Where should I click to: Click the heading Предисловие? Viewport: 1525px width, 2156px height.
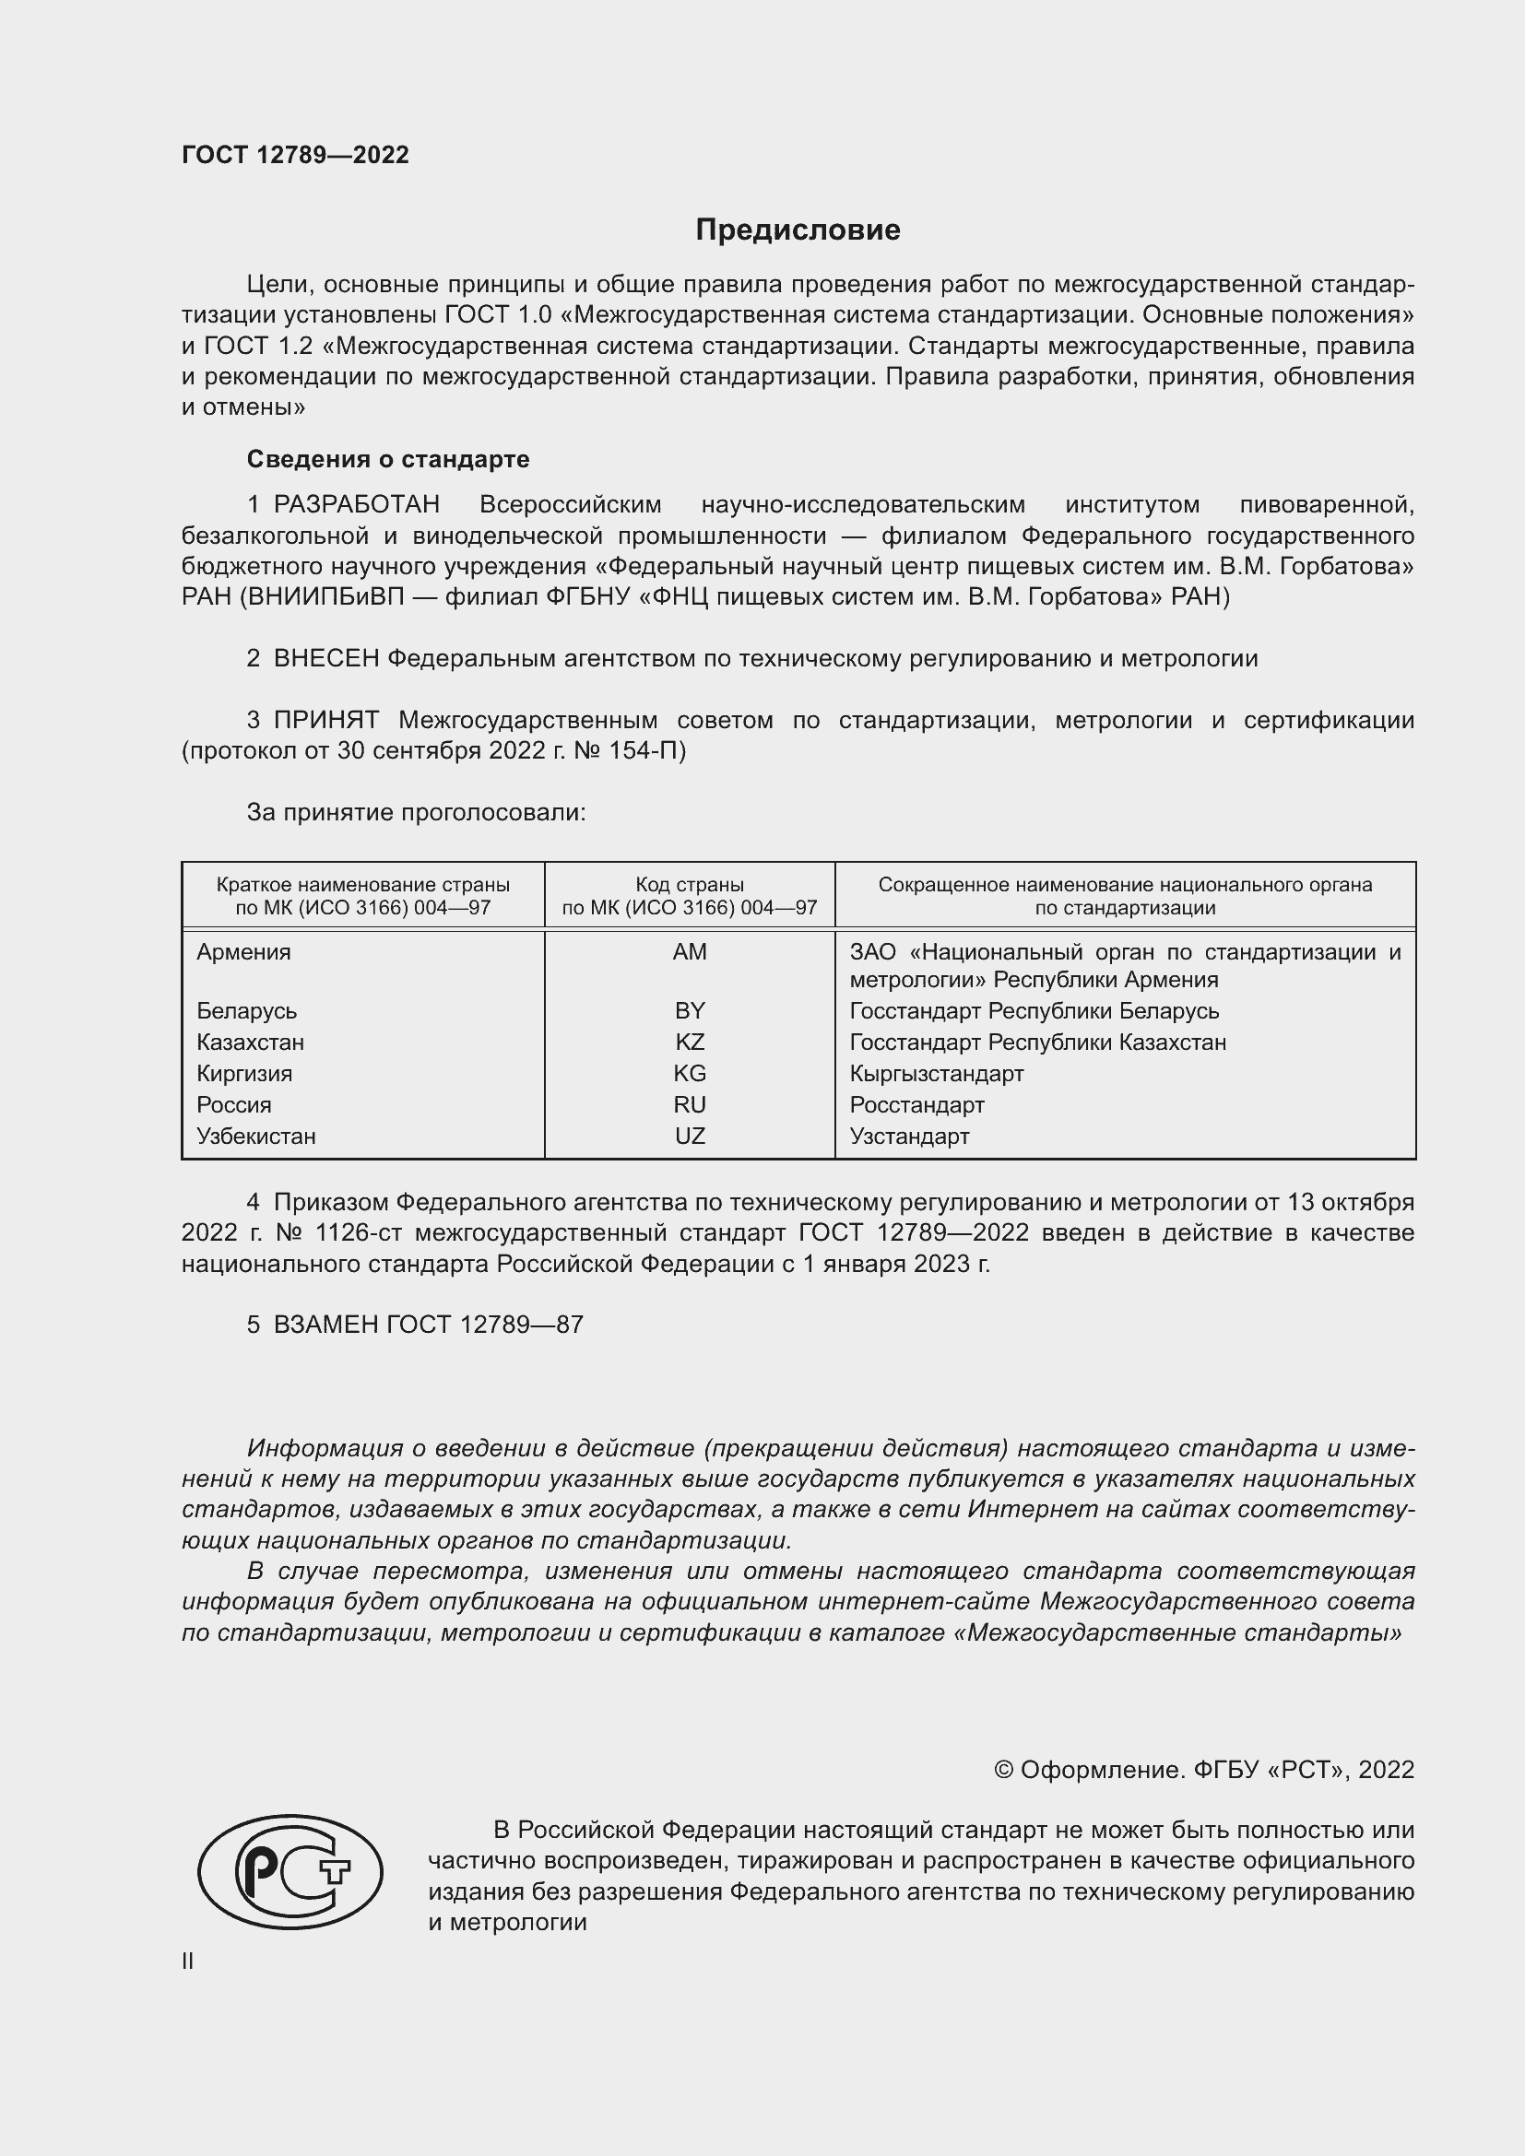coord(798,230)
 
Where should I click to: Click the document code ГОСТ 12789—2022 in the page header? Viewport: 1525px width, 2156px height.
coord(295,155)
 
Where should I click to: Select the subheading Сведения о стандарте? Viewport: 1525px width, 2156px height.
coord(388,459)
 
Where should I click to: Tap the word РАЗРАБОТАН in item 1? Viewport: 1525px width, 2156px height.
coord(357,505)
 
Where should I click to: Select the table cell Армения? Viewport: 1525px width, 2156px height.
coord(244,952)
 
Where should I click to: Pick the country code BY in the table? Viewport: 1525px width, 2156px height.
coord(690,1011)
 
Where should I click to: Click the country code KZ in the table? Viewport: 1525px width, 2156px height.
coord(690,1043)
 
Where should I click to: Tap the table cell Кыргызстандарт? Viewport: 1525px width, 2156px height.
coord(936,1074)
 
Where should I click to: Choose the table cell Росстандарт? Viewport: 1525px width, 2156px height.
coord(916,1105)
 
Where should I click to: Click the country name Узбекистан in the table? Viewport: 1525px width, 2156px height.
coord(255,1137)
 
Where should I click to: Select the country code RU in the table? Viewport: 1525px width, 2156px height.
coord(690,1105)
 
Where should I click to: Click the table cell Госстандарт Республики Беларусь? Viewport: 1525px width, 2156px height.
coord(1034,1011)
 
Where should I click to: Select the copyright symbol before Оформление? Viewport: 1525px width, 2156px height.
coord(1003,1770)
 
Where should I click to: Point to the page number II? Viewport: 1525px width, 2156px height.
coord(188,1961)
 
